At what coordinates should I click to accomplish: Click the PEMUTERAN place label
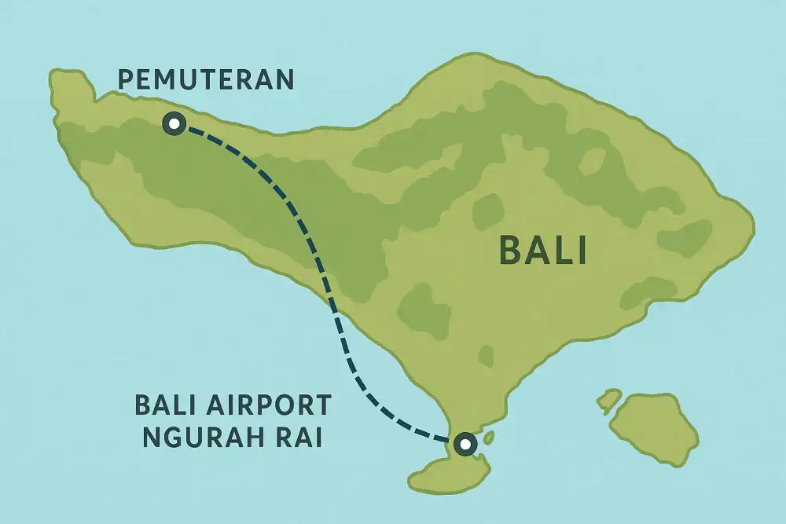(205, 79)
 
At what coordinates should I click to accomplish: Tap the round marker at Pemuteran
(172, 123)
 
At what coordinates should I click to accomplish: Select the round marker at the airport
(465, 444)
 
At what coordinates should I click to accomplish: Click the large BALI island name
(543, 252)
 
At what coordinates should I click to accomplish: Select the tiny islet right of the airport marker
(489, 436)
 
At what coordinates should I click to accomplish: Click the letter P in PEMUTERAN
(124, 79)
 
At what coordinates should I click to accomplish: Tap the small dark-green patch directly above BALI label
(488, 211)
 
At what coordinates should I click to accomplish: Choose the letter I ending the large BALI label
(582, 252)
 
